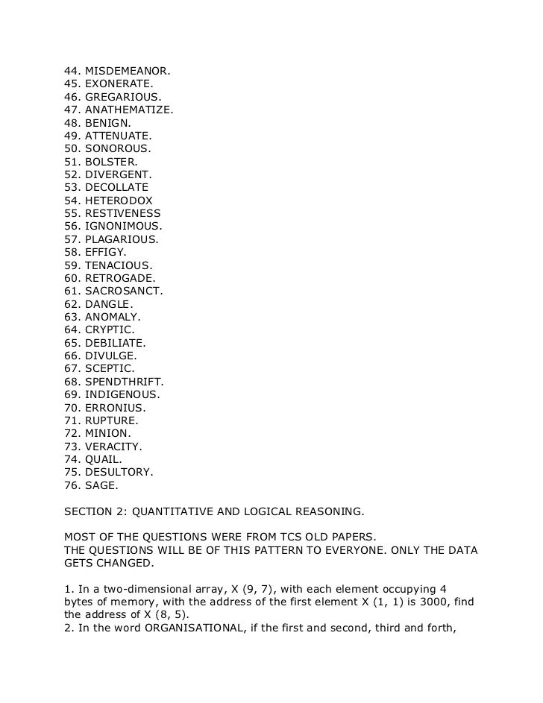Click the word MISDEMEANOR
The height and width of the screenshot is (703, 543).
(x=127, y=72)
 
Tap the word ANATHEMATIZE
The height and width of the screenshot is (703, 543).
(x=128, y=110)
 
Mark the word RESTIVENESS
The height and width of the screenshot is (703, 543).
(x=123, y=213)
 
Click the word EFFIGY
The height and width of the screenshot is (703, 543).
(x=105, y=252)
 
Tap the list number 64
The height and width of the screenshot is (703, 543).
(x=72, y=330)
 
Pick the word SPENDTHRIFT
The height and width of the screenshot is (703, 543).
(x=124, y=381)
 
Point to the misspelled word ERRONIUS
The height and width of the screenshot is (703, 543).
(x=115, y=407)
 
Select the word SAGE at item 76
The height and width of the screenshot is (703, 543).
(x=100, y=485)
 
